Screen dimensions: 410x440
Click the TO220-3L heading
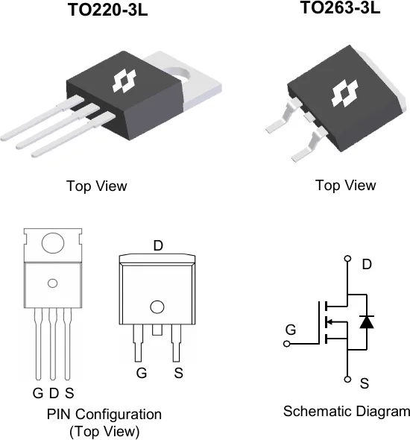coord(108,10)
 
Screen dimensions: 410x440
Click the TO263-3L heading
coord(341,7)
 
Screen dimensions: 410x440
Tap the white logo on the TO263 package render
coord(344,93)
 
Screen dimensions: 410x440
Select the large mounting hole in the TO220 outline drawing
coord(53,243)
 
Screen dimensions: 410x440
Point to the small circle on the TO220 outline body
coord(53,283)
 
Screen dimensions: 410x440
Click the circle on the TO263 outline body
coord(157,307)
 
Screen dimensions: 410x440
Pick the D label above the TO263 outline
coord(158,246)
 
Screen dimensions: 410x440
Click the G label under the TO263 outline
coord(142,373)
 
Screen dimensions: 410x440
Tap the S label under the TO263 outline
coord(178,373)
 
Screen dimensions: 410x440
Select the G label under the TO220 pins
coord(38,393)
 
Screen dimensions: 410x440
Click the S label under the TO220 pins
coord(69,393)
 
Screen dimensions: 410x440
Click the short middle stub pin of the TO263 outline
coord(157,330)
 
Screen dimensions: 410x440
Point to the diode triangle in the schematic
coord(367,322)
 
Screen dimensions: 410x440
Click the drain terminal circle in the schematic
coord(347,258)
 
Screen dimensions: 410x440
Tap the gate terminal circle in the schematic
coord(286,344)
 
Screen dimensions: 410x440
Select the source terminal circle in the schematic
coord(347,380)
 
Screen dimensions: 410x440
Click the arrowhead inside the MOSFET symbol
coord(329,321)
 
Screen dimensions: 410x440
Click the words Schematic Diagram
coord(347,412)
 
